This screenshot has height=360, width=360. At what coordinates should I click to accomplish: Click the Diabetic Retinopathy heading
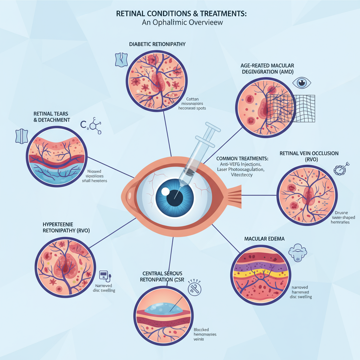coord(157,44)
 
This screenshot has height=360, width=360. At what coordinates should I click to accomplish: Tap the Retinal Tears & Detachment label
coord(51,117)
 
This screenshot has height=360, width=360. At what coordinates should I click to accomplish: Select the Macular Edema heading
coord(264,239)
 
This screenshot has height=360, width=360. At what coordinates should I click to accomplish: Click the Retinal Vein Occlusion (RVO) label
coord(309,156)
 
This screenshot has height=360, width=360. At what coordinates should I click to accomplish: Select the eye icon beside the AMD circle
coord(302,83)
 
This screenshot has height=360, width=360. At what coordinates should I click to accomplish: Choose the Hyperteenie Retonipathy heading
coord(62,227)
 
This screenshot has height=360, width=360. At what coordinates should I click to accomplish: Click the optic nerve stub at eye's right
coord(234,195)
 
